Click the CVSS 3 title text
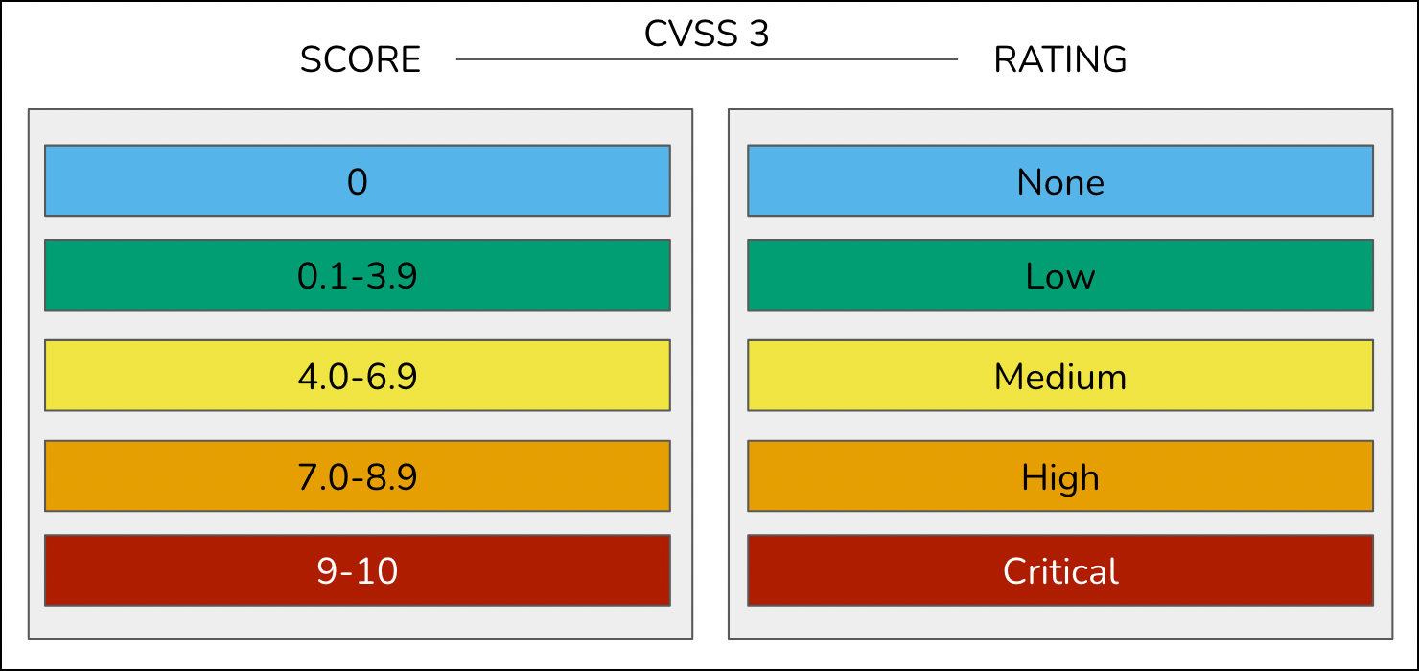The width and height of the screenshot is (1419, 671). pos(707,33)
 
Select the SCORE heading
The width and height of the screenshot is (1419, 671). pos(361,59)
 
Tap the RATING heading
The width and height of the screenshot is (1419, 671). pos(1059,59)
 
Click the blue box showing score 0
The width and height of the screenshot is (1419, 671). pos(358,180)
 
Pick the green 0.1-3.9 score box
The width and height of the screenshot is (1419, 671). pos(358,275)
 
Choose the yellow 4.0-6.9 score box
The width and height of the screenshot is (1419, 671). pos(358,376)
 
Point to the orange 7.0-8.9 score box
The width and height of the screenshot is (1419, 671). pos(358,475)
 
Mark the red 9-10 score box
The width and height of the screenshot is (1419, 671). pos(358,570)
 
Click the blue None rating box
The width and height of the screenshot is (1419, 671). pos(1060,180)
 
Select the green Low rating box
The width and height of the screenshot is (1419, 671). pos(1060,275)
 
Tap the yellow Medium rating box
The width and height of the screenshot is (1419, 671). pos(1060,376)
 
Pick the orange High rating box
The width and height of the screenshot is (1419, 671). pos(1060,475)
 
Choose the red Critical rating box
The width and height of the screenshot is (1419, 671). pos(1060,570)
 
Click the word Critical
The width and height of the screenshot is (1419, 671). pos(1060,571)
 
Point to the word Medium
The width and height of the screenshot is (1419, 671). pos(1060,377)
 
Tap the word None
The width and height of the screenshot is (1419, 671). pos(1060,182)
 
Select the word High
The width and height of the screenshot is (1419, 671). pos(1060,478)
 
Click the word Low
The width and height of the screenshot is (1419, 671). pos(1060,276)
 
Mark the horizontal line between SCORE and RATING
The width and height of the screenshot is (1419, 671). pos(707,59)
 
